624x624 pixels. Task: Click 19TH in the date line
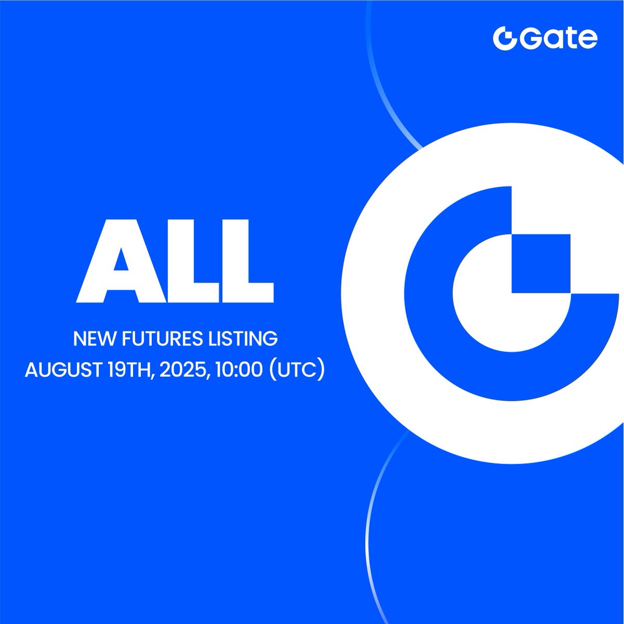click(x=129, y=370)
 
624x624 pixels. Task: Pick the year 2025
click(x=183, y=370)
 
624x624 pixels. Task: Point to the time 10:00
click(x=238, y=370)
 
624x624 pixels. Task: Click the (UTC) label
click(x=296, y=370)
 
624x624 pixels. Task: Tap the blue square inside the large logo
click(x=540, y=264)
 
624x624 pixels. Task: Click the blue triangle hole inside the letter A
click(x=121, y=259)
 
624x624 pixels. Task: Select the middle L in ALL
click(x=193, y=261)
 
